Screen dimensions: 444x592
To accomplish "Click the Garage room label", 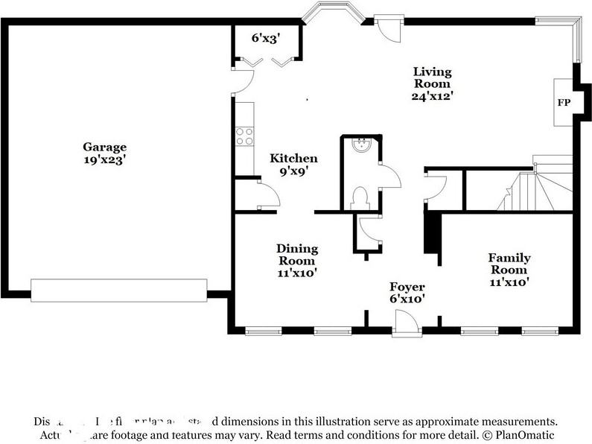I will tap(104, 148).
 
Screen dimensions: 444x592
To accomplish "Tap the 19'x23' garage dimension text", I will tap(104, 159).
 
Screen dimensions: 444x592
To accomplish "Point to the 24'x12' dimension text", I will tap(433, 96).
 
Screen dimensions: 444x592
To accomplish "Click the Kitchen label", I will tap(293, 158).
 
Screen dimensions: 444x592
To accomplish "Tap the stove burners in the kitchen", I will tap(244, 136).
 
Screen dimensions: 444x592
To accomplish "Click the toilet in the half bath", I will tap(360, 197).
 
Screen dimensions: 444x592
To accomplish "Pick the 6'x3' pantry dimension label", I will tap(264, 38).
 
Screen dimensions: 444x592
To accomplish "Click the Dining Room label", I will tap(297, 255).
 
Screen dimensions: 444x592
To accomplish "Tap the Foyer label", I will tap(407, 287).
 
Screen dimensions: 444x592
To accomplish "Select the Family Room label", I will tap(509, 264).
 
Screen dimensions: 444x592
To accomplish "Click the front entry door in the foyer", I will tap(407, 322).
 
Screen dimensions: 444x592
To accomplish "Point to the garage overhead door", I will tap(118, 291).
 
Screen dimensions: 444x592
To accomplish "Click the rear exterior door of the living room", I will tap(387, 28).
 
